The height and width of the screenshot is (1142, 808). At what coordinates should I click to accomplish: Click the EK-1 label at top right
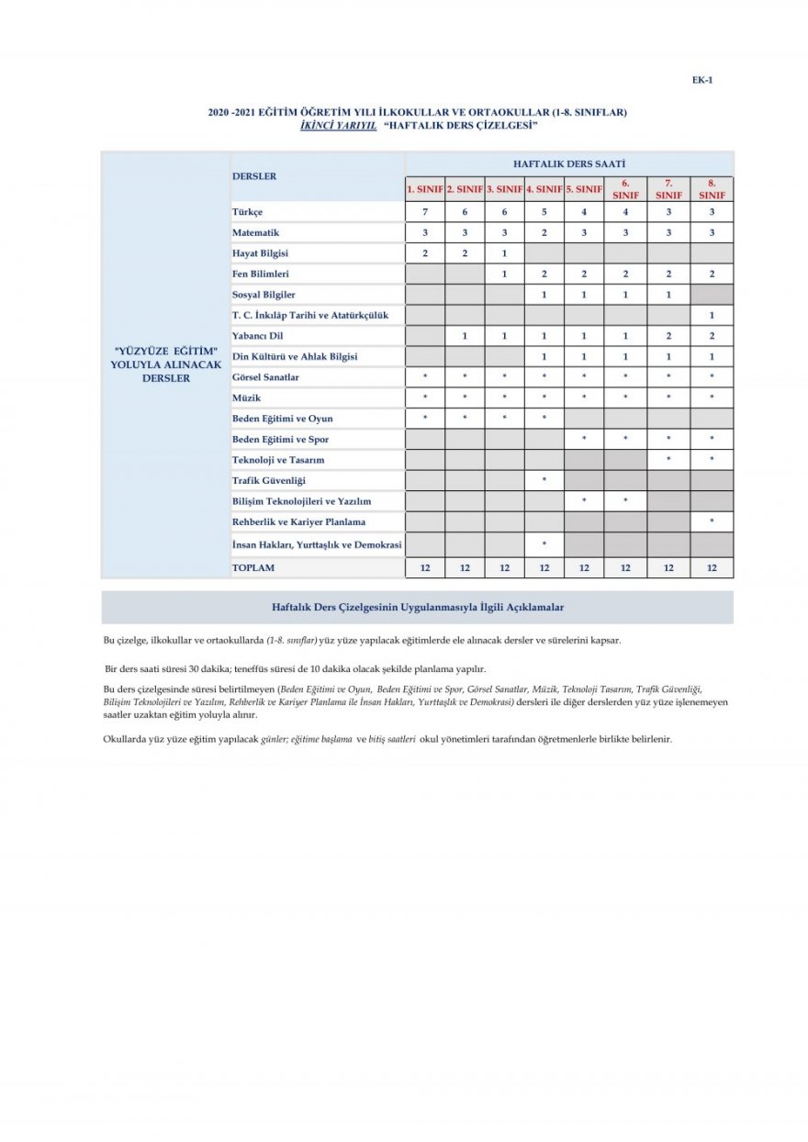(x=702, y=80)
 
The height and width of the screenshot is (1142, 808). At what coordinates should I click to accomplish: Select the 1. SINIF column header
(x=425, y=189)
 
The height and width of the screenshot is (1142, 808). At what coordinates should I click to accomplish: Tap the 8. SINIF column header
(x=712, y=189)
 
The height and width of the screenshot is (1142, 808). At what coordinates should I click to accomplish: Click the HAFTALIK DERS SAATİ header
(x=569, y=162)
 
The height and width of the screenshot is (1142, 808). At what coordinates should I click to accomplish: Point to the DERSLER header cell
(x=254, y=175)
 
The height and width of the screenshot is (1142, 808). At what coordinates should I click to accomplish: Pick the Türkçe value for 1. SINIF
(x=425, y=212)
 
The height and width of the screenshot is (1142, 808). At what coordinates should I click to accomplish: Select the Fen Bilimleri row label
(x=262, y=274)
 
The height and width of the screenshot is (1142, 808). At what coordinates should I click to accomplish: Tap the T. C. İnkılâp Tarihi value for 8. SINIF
(x=712, y=315)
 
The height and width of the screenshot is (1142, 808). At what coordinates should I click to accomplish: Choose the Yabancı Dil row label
(x=258, y=336)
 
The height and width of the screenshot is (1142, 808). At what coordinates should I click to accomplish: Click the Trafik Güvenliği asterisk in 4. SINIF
(x=544, y=480)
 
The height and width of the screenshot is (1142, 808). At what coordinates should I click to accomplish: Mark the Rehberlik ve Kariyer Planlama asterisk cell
(x=712, y=521)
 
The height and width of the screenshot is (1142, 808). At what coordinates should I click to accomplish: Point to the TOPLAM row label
(x=253, y=567)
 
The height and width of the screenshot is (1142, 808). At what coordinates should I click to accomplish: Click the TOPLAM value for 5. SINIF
(x=584, y=567)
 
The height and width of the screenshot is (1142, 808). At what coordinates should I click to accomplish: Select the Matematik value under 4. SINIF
(x=544, y=232)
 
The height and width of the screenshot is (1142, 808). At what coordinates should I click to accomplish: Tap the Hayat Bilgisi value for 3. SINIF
(x=504, y=252)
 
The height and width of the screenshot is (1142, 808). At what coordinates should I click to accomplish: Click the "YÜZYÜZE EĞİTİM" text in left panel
(x=166, y=352)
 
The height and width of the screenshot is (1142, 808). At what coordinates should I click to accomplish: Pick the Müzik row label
(x=247, y=397)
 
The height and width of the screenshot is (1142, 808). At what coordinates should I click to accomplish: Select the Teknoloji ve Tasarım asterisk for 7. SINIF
(x=668, y=459)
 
